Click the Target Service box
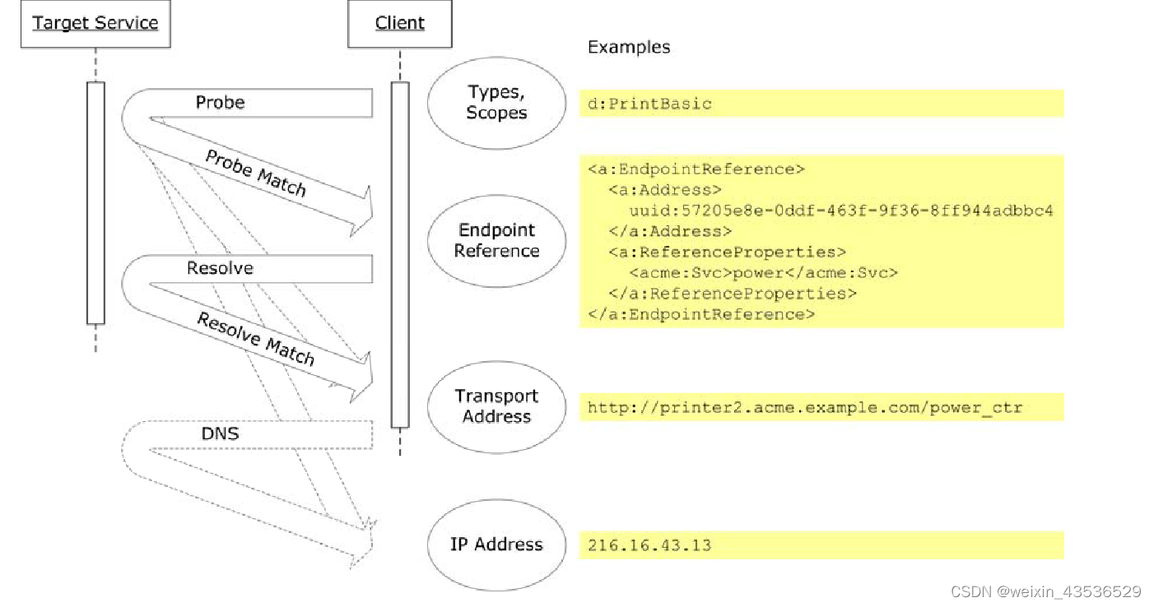pyautogui.click(x=95, y=23)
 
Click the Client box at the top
pyautogui.click(x=400, y=23)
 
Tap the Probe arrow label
pyautogui.click(x=220, y=103)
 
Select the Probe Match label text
pyautogui.click(x=256, y=174)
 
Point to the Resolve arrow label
pyautogui.click(x=220, y=268)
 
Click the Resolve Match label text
pyautogui.click(x=256, y=338)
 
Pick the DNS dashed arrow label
pyautogui.click(x=220, y=433)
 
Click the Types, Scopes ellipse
pyautogui.click(x=496, y=103)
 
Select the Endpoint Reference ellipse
pyautogui.click(x=496, y=240)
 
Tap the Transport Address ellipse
pyautogui.click(x=496, y=406)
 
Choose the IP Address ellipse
pyautogui.click(x=496, y=544)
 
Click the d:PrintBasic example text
pyautogui.click(x=650, y=104)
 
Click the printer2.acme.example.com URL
pyautogui.click(x=805, y=407)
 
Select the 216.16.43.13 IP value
pyautogui.click(x=650, y=545)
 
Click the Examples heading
pyautogui.click(x=629, y=47)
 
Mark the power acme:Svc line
pyautogui.click(x=764, y=273)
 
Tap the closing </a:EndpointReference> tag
pyautogui.click(x=702, y=314)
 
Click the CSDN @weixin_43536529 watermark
pyautogui.click(x=1045, y=591)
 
